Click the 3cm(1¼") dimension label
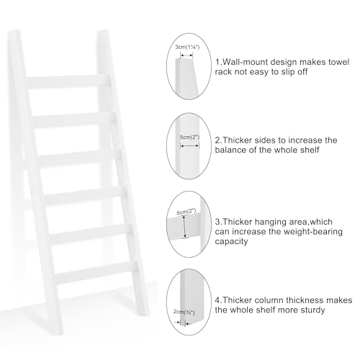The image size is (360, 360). (x=188, y=48)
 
